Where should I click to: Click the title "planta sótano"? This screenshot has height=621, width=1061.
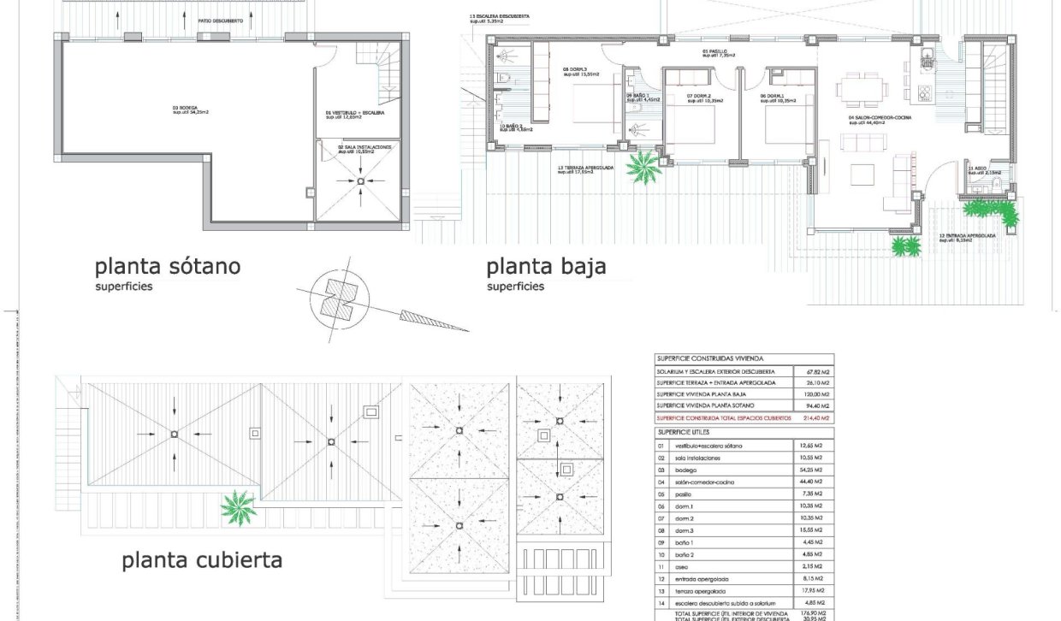(167, 266)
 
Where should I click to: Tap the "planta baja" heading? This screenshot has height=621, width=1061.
(546, 266)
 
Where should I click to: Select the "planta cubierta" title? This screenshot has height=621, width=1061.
(202, 560)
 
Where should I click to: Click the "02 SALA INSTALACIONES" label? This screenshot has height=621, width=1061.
(363, 149)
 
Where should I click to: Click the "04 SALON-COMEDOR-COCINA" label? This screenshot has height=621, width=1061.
(880, 119)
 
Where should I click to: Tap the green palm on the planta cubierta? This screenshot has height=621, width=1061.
(237, 507)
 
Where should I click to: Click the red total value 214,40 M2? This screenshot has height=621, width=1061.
(812, 417)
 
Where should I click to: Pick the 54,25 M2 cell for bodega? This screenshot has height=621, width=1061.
(810, 470)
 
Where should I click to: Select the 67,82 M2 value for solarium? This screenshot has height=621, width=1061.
(812, 372)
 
